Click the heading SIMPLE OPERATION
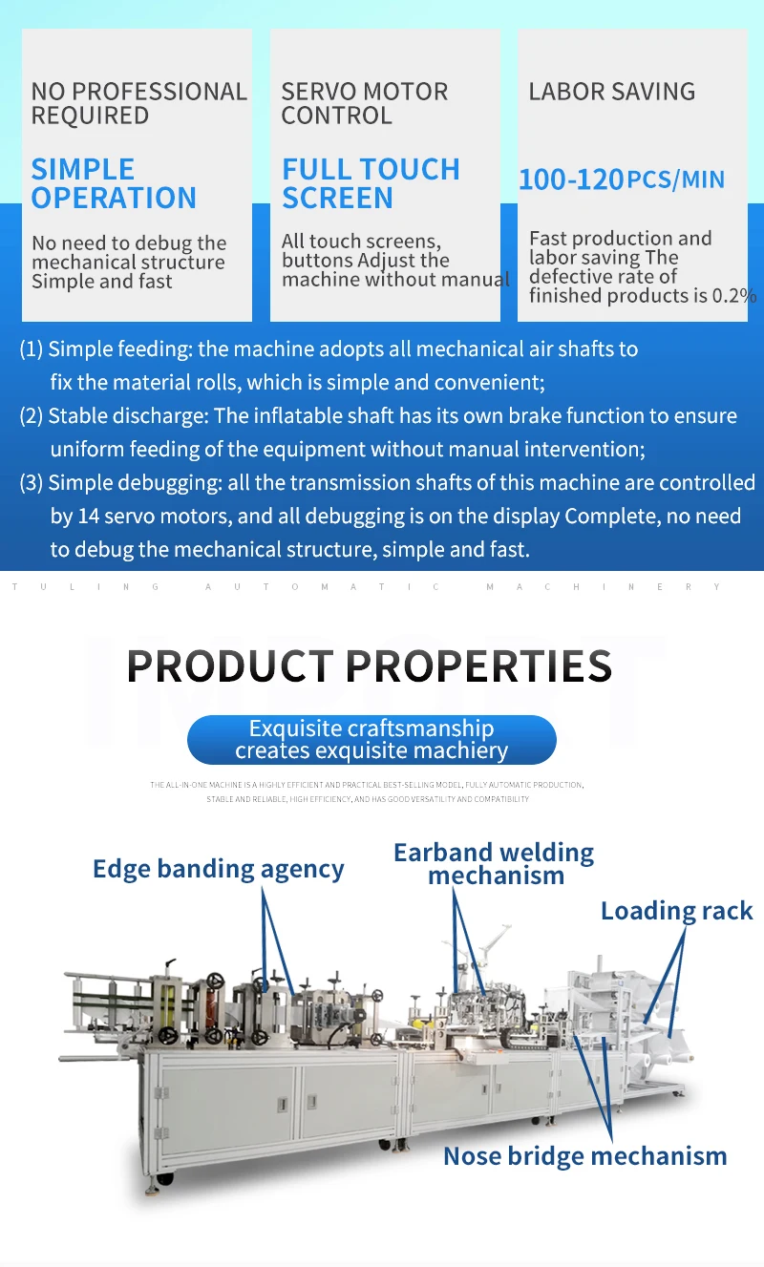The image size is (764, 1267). pyautogui.click(x=114, y=183)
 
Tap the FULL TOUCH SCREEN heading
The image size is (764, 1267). pyautogui.click(x=371, y=183)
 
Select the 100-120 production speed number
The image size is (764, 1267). pyautogui.click(x=571, y=179)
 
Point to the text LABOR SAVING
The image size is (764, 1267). pyautogui.click(x=612, y=92)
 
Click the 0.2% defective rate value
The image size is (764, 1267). pyautogui.click(x=735, y=296)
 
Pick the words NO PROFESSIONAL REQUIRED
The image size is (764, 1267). pyautogui.click(x=138, y=103)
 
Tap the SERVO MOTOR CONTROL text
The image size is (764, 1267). pyautogui.click(x=364, y=103)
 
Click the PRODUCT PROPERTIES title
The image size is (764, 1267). pyautogui.click(x=370, y=665)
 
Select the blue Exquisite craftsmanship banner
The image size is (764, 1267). pyautogui.click(x=371, y=739)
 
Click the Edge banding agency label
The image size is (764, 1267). pyautogui.click(x=219, y=869)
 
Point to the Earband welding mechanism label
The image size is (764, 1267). pyautogui.click(x=494, y=863)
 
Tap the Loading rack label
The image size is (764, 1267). pyautogui.click(x=676, y=911)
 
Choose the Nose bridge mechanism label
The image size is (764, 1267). pyautogui.click(x=584, y=1156)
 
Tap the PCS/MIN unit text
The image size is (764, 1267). pyautogui.click(x=676, y=179)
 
